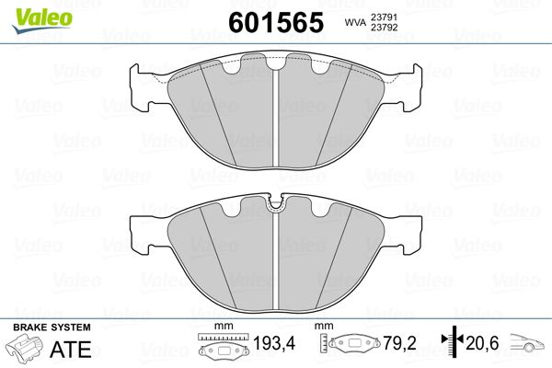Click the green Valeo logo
pos(42,20)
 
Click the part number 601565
pos(276,22)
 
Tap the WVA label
pos(355,23)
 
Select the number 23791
pos(384,17)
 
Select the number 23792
pos(384,28)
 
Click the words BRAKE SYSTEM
pos(52,328)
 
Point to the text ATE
pos(71,350)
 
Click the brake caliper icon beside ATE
pos(24,347)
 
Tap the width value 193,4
pos(274,343)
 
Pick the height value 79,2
pos(400,343)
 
